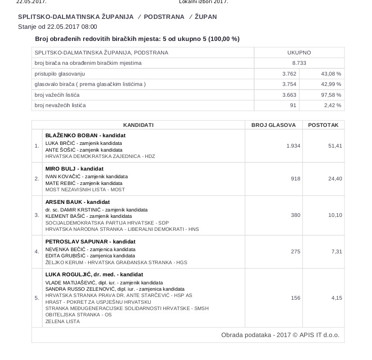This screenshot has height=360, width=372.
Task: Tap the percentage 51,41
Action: click(x=335, y=146)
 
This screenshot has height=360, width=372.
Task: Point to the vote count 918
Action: click(x=295, y=179)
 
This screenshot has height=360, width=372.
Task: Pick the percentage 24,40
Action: click(x=335, y=179)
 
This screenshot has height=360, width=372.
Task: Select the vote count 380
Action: click(x=295, y=215)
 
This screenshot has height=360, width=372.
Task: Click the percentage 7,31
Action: click(x=336, y=252)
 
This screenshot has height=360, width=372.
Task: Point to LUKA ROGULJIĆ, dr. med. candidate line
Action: click(x=94, y=274)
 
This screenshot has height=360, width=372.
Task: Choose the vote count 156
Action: click(x=295, y=298)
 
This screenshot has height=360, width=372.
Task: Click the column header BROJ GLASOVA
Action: click(x=273, y=125)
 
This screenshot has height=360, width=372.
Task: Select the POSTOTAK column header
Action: click(x=323, y=125)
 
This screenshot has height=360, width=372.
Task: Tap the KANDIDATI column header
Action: click(x=139, y=125)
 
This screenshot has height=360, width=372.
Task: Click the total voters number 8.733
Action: click(x=299, y=63)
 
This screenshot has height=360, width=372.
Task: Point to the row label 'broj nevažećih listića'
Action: click(x=60, y=105)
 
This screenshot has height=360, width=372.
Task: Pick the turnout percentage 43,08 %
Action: click(x=331, y=73)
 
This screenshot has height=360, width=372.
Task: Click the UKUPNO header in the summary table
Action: click(x=299, y=53)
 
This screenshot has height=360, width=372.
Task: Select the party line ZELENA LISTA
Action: click(x=63, y=321)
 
